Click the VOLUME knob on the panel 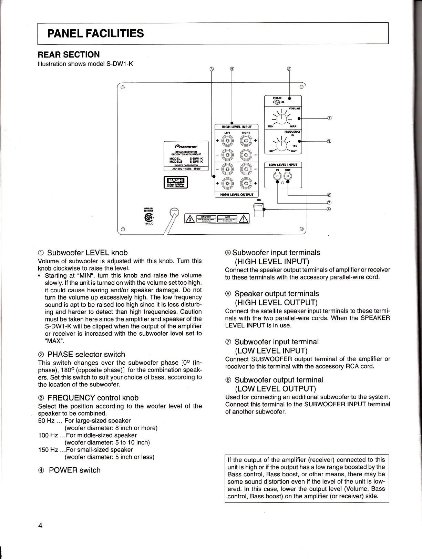pyautogui.click(x=282, y=119)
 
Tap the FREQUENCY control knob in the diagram pyautogui.click(x=282, y=146)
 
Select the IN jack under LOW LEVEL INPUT pyautogui.click(x=278, y=176)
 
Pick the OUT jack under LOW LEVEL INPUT pyautogui.click(x=287, y=176)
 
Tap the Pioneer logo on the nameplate pyautogui.click(x=186, y=146)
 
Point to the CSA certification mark pyautogui.click(x=148, y=217)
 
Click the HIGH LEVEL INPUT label pyautogui.click(x=236, y=127)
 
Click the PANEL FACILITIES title pyautogui.click(x=95, y=33)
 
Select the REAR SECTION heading pyautogui.click(x=69, y=54)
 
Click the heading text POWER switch pyautogui.click(x=75, y=470)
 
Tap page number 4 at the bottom pyautogui.click(x=40, y=526)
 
